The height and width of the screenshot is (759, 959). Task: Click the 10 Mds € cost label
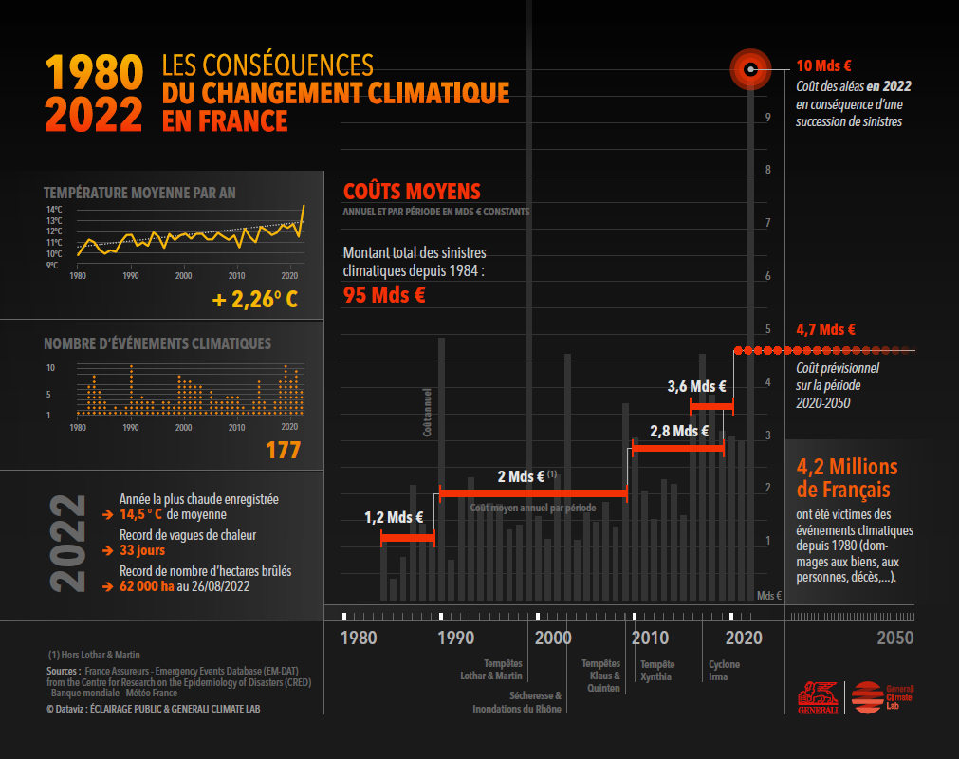point(823,66)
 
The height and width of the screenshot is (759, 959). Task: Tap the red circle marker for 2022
point(750,68)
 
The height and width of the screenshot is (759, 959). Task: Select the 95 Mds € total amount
point(384,294)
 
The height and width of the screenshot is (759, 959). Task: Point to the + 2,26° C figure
point(255,301)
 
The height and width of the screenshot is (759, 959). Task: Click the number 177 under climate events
point(283,450)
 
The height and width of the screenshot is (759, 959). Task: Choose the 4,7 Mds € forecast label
point(825,330)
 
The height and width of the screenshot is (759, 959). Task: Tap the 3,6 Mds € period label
point(696,386)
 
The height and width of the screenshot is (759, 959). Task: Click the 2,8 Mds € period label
point(679,431)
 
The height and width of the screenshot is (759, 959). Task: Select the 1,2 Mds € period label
point(394,517)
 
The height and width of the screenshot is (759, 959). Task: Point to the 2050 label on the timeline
point(895,638)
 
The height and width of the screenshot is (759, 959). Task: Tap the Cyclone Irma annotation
point(724,670)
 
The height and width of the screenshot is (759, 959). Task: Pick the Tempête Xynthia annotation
point(656,670)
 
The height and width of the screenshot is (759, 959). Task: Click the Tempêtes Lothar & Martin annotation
point(503,670)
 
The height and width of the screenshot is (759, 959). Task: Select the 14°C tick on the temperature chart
point(54,209)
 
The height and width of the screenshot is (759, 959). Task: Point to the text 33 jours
point(142,550)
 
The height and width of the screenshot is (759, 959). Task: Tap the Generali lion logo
point(817,696)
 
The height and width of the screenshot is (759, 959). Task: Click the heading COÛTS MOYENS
point(412,192)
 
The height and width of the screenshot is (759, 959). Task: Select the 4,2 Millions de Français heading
point(846,478)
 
